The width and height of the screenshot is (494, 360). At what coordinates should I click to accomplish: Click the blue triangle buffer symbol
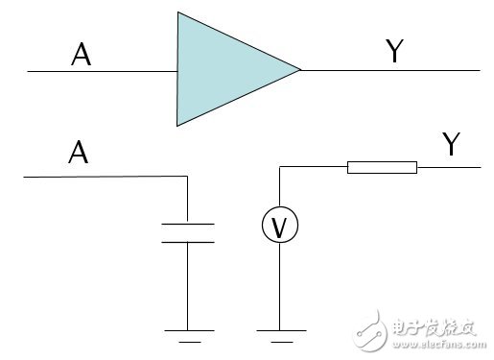[x=225, y=69]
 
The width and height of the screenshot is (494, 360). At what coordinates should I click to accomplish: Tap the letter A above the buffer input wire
[x=82, y=57]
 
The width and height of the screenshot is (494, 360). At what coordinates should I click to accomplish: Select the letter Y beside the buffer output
[x=393, y=52]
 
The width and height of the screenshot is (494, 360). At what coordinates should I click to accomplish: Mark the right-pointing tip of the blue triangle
[x=299, y=69]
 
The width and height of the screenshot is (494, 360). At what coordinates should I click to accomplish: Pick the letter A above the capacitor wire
[x=78, y=153]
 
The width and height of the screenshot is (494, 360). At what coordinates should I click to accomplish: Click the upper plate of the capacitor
[x=187, y=225]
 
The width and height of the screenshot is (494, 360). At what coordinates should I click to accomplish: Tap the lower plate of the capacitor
[x=187, y=241]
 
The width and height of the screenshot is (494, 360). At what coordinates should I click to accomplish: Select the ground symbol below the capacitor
[x=187, y=334]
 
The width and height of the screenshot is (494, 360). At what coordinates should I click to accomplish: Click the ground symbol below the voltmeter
[x=277, y=334]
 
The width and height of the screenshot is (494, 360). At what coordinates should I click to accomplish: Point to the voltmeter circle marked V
[x=279, y=227]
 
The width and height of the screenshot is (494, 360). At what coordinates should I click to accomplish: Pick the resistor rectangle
[x=382, y=168]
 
